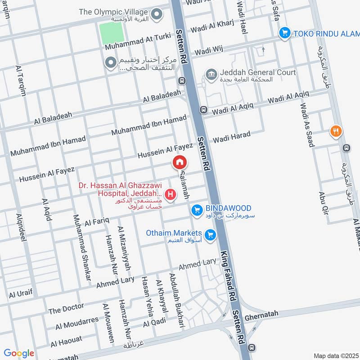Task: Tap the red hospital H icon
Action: click(x=171, y=194)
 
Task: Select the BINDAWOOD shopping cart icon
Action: click(x=196, y=210)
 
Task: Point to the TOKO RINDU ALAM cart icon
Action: click(x=284, y=33)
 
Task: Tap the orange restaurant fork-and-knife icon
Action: click(x=335, y=131)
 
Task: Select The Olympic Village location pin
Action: click(x=157, y=14)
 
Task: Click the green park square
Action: click(x=111, y=33)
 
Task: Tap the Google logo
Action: click(x=19, y=353)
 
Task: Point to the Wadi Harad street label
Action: click(x=231, y=137)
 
